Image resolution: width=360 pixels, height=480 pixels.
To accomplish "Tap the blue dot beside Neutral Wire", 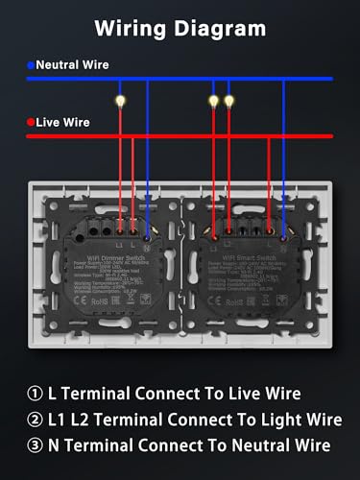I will coord(31,65).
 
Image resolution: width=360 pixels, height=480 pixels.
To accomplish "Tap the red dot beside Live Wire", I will coord(31,122).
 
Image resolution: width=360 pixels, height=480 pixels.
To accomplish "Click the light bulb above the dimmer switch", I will coord(119,99).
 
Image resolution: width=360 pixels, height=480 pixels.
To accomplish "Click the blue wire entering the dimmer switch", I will coord(146,173).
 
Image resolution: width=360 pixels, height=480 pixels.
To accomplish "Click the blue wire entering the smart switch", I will coord(284,173).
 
